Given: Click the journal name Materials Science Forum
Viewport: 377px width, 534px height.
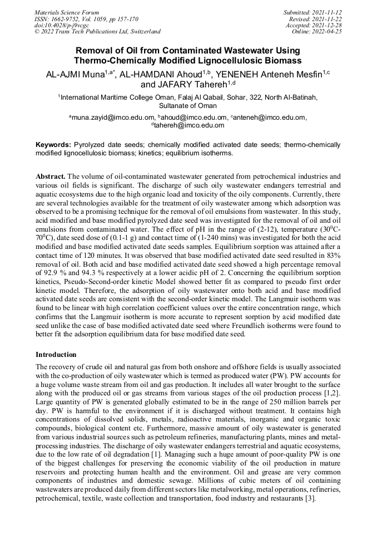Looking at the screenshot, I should tap(67, 12).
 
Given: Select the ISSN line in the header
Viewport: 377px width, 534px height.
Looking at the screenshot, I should tap(86, 18).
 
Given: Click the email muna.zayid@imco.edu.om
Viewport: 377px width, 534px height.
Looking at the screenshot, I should tap(113, 117).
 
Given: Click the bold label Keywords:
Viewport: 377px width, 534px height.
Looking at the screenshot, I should tap(53, 145).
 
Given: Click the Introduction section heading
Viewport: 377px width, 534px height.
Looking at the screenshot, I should tap(56, 355).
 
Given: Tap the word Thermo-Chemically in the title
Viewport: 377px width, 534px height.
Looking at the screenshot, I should tap(110, 60).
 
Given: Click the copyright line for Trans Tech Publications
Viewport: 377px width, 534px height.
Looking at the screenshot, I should tap(97, 32).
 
